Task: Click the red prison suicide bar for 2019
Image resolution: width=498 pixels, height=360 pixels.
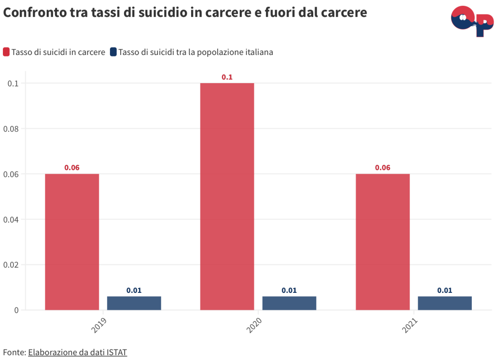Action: (x=72, y=242)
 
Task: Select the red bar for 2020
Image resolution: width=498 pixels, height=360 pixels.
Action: (x=227, y=196)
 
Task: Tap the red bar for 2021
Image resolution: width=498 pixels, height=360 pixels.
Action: (x=383, y=242)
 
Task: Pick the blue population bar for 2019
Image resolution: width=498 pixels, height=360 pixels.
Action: (x=134, y=303)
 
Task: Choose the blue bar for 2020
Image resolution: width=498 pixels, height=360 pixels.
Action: (x=289, y=303)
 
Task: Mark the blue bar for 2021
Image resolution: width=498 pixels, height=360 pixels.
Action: (x=445, y=303)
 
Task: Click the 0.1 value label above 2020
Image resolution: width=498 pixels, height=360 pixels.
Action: (x=227, y=77)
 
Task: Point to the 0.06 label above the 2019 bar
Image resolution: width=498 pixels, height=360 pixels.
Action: (x=72, y=168)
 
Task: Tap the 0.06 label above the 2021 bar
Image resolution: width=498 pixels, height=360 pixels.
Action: (x=383, y=168)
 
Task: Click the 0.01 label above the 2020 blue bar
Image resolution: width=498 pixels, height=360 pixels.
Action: (x=289, y=290)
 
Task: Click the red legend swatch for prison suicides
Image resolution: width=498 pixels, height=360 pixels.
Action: (x=6, y=52)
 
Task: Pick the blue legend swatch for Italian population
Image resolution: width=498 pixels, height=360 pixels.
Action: (x=113, y=52)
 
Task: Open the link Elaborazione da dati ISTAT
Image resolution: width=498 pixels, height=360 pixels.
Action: (x=77, y=352)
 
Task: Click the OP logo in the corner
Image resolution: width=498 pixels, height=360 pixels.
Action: (x=472, y=21)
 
